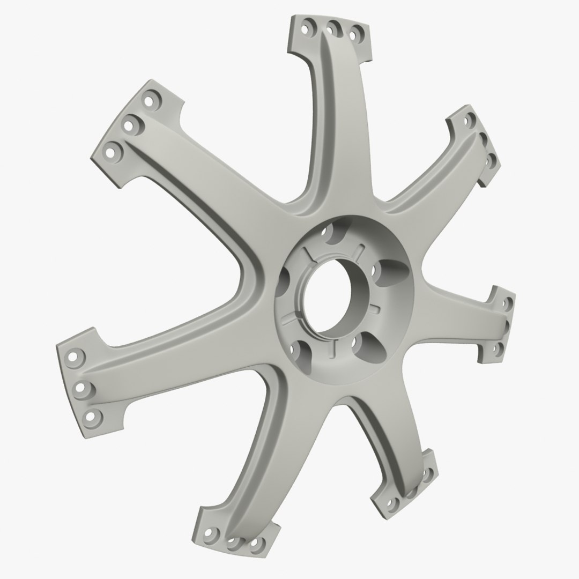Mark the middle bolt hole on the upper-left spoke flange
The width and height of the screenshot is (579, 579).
click(x=129, y=125)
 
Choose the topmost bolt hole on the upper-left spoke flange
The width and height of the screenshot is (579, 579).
click(x=147, y=100)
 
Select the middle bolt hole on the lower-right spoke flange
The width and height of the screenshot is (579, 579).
click(x=412, y=491)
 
